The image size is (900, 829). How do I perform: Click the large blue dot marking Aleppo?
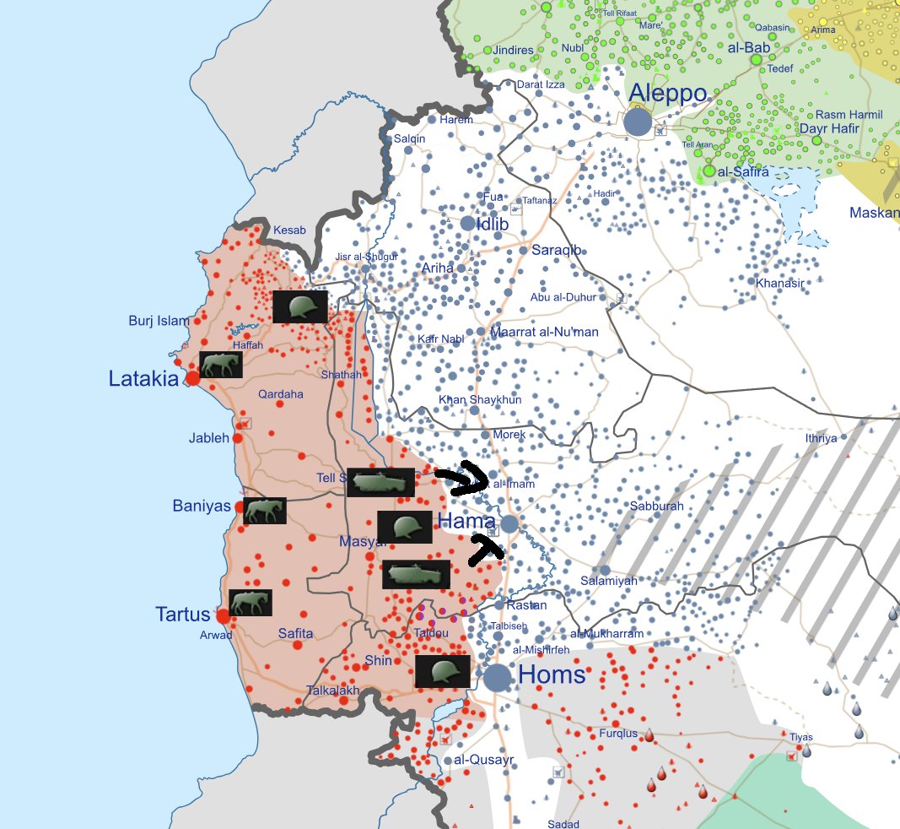click(638, 122)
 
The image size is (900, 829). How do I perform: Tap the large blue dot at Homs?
click(498, 676)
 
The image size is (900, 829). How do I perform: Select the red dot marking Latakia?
click(192, 378)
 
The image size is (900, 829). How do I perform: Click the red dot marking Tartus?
click(223, 615)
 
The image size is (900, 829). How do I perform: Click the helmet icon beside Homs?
click(442, 671)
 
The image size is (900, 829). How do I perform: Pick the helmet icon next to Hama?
click(405, 527)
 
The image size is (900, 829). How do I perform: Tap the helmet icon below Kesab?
click(299, 306)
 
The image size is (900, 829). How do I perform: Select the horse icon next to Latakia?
click(221, 365)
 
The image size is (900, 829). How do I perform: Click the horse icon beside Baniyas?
click(265, 510)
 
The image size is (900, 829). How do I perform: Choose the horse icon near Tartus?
click(250, 602)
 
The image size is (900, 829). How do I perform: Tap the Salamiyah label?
click(609, 582)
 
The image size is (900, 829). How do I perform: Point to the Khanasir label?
click(779, 283)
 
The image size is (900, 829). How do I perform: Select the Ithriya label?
click(821, 438)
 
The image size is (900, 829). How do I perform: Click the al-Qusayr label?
click(483, 760)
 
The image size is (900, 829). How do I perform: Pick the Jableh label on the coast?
click(209, 438)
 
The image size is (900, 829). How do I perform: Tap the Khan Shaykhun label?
click(480, 399)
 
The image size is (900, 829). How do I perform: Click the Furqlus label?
click(618, 734)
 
